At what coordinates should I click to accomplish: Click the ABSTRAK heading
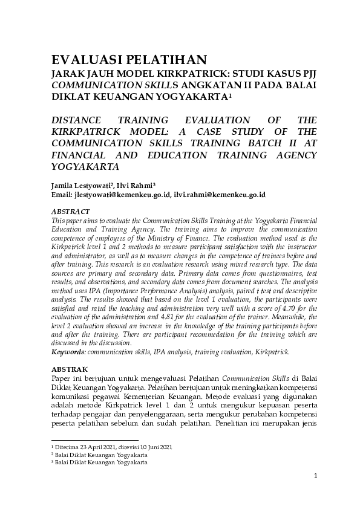(x=69, y=368)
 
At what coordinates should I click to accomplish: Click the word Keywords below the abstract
(x=67, y=351)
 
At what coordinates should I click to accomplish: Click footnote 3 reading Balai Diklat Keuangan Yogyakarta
(x=100, y=462)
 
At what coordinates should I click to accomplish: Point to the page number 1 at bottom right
(x=315, y=476)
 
